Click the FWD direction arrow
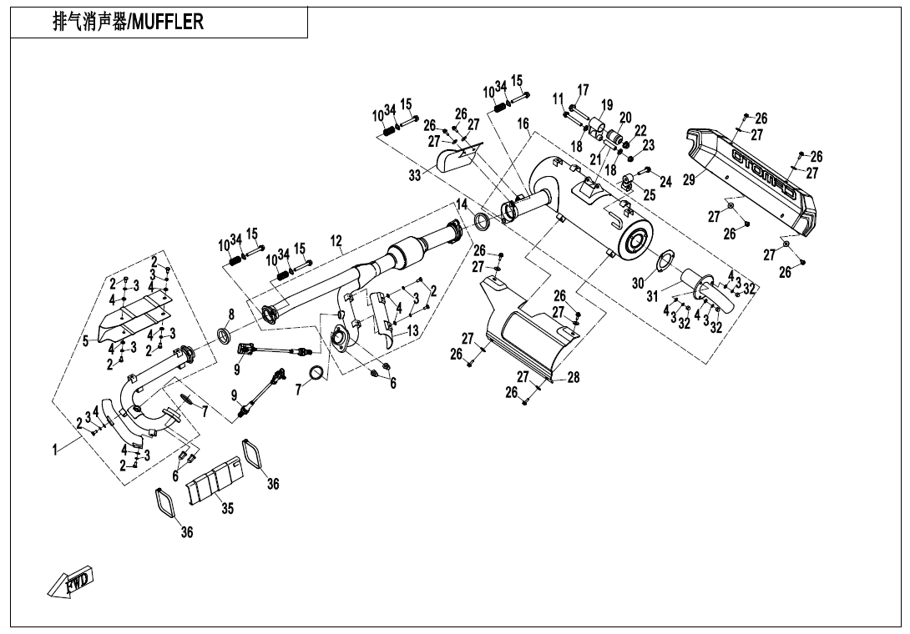(70, 581)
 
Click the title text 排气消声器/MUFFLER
(128, 23)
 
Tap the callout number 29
(689, 180)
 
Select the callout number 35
(227, 510)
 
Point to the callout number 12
(336, 242)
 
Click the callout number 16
(523, 123)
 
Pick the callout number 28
(574, 377)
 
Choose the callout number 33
(415, 175)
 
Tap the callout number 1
(56, 450)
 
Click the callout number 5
(85, 340)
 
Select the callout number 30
(638, 284)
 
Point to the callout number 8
(230, 314)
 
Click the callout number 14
(462, 204)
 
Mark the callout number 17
(583, 90)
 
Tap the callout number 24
(665, 181)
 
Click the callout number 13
(412, 330)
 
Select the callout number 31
(652, 296)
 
